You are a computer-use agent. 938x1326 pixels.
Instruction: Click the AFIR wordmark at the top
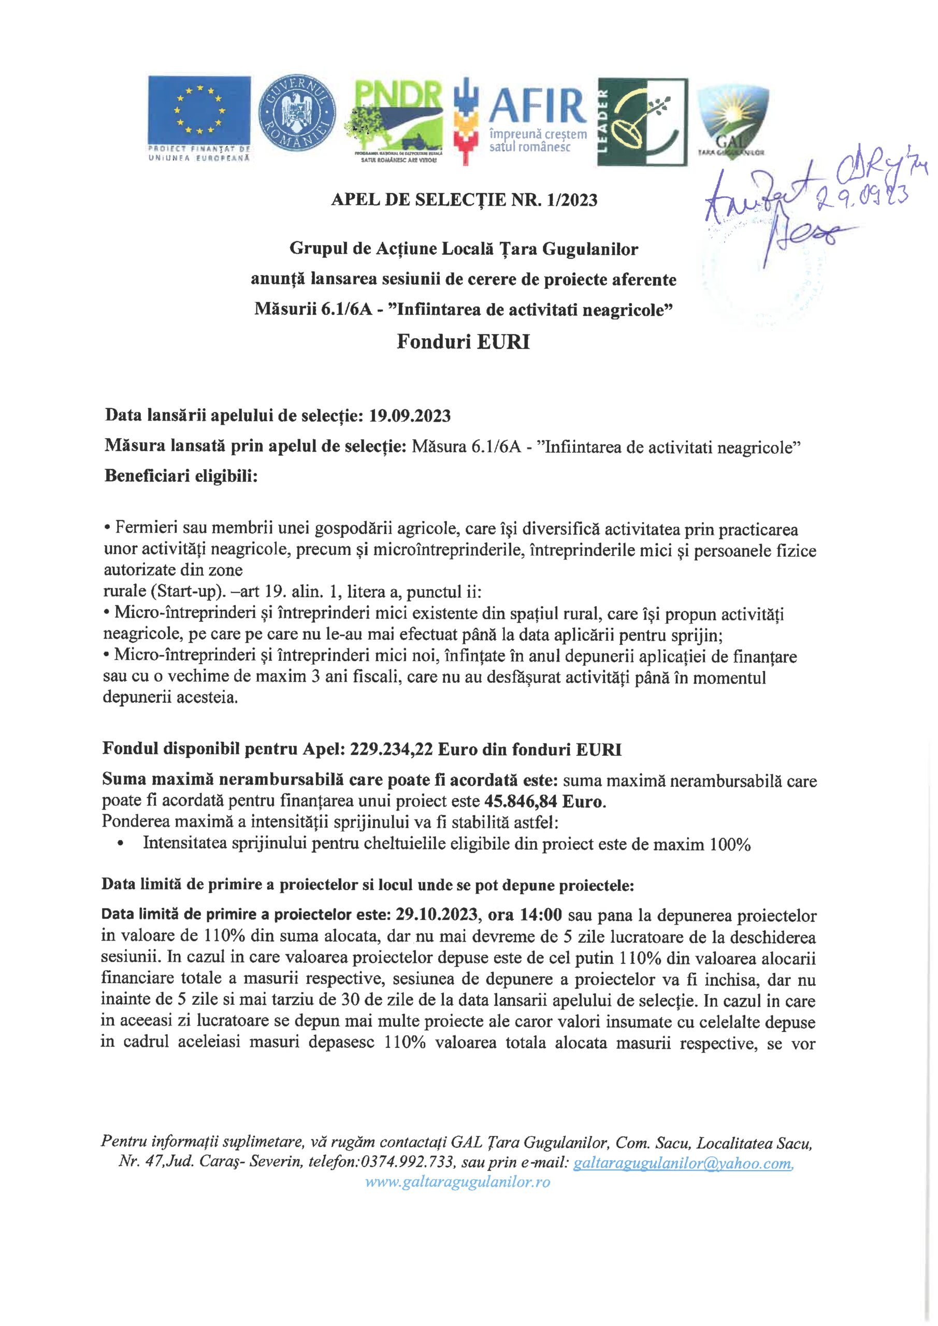pyautogui.click(x=536, y=107)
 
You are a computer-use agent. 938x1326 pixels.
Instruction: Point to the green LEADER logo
pyautogui.click(x=642, y=122)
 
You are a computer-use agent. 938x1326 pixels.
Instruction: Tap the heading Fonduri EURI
pyautogui.click(x=463, y=342)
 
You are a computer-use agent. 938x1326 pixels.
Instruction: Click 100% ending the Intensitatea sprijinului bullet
pyautogui.click(x=730, y=844)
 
